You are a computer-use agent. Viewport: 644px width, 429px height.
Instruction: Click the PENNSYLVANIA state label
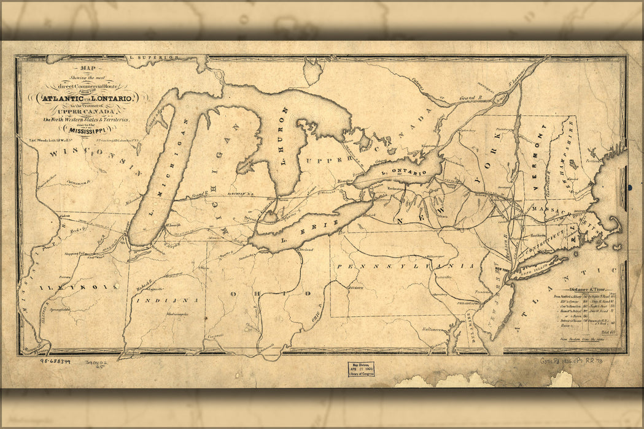(405, 266)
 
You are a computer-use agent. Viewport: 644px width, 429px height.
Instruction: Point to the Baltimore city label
(433, 329)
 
